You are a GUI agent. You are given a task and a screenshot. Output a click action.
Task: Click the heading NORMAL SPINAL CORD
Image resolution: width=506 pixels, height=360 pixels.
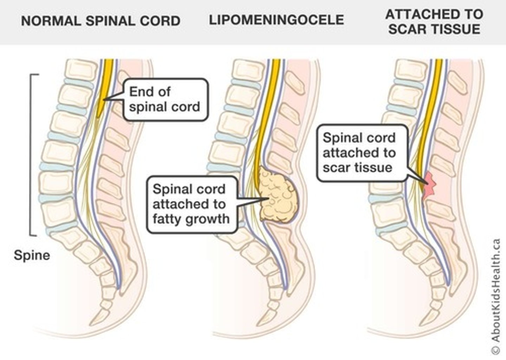pos(100,21)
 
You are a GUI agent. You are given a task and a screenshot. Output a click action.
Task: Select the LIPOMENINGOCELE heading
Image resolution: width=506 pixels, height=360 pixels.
pos(276,20)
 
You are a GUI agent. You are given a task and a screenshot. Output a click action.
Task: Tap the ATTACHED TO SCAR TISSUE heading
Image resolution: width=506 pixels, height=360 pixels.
pos(434,22)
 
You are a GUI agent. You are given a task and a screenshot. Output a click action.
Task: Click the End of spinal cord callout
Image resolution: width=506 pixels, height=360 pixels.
pos(164,99)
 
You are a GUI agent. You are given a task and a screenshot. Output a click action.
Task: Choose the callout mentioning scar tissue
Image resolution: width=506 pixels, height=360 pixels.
pos(362,153)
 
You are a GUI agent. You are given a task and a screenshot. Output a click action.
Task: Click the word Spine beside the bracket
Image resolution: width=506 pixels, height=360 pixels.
pos(32,255)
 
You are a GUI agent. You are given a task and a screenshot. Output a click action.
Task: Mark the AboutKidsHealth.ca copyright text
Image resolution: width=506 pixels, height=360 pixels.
pos(495,295)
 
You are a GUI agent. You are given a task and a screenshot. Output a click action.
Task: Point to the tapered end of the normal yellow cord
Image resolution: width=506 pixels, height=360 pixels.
pos(99,114)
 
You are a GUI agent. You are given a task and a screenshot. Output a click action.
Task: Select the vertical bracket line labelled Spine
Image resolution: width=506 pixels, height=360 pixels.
pos(31,155)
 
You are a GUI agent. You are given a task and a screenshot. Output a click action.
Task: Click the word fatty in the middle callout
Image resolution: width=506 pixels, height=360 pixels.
pos(167,219)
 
